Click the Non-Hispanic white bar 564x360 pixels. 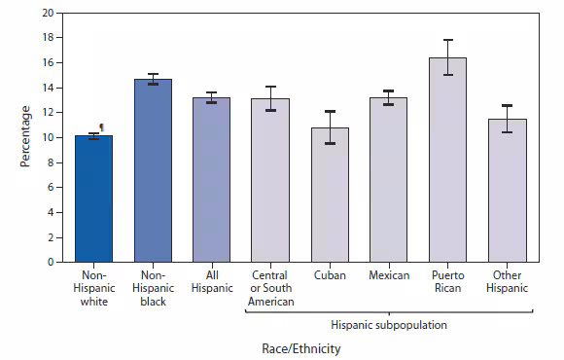coord(94,199)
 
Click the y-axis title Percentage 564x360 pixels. coord(26,137)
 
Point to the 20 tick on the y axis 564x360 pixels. coord(49,13)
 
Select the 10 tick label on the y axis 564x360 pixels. coord(49,137)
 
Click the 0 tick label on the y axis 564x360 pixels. coord(52,262)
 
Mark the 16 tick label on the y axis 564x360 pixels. coord(49,62)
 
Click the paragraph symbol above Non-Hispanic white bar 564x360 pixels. coord(101,126)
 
